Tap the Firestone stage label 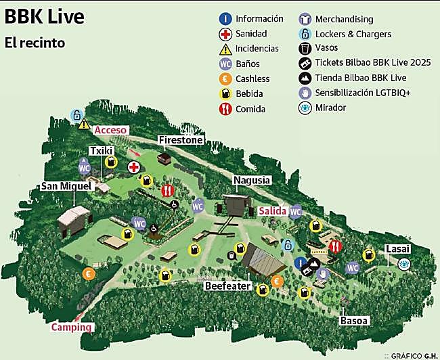click(181, 140)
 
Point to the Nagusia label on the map click(252, 181)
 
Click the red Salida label click(273, 211)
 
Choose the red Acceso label click(111, 129)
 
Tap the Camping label click(72, 328)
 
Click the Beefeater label click(228, 286)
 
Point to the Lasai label click(397, 249)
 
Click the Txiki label click(100, 151)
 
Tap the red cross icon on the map click(135, 166)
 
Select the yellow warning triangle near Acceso click(84, 124)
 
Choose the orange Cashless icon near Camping click(88, 274)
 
